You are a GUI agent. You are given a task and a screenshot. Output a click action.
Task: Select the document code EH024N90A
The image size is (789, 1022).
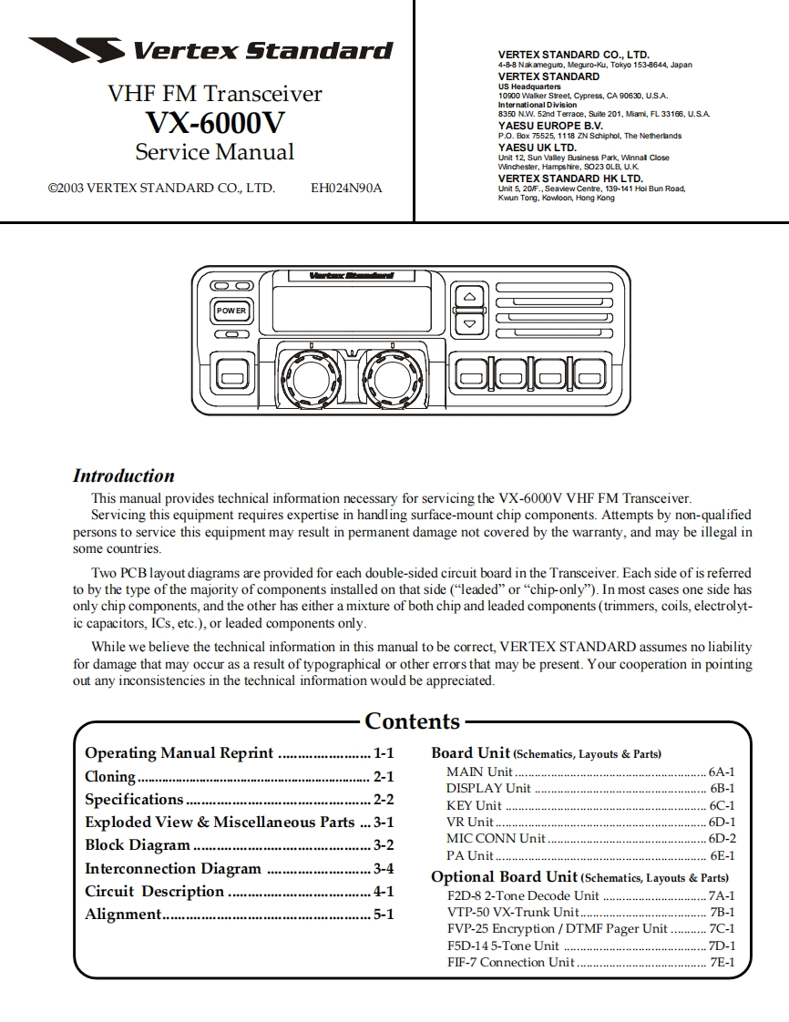click(x=346, y=189)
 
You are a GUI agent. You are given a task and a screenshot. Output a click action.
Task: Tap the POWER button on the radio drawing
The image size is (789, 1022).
click(x=231, y=311)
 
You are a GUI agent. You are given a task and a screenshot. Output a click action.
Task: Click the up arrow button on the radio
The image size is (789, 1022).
click(x=469, y=297)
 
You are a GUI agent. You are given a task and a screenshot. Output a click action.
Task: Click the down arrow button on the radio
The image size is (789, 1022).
click(x=469, y=322)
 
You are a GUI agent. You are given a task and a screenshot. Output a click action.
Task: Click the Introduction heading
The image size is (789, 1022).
click(x=123, y=475)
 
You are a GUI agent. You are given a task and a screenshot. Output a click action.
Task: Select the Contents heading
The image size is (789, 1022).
click(x=412, y=721)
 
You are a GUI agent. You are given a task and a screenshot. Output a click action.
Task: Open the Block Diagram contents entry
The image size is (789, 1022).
click(x=138, y=845)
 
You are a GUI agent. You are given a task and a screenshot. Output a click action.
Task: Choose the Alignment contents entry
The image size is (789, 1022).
click(x=123, y=915)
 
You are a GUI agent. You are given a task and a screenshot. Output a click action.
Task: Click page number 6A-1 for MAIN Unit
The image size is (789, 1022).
click(x=722, y=772)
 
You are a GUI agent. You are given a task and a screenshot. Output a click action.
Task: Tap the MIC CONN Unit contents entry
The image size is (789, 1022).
click(x=496, y=839)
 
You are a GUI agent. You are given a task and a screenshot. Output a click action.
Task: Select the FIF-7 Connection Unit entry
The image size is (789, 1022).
click(x=511, y=962)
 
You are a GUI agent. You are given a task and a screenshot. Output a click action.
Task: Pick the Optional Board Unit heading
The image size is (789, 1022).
click(x=504, y=877)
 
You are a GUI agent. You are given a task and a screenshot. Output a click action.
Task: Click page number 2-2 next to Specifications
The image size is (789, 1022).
click(x=383, y=800)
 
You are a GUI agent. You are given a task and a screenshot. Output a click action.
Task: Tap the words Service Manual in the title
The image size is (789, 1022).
click(x=215, y=152)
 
